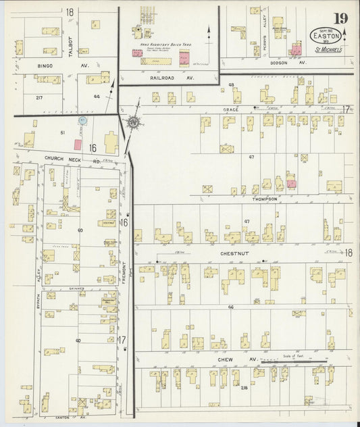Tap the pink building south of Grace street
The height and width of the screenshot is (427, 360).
click(x=291, y=183)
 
